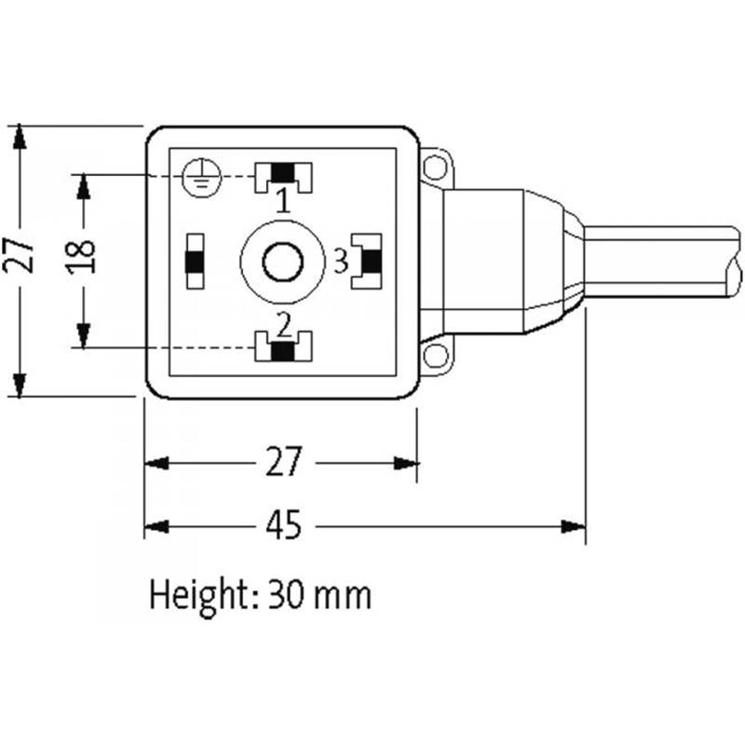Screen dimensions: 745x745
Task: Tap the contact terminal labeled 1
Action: pos(285,173)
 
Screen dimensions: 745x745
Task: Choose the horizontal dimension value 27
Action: pos(284,462)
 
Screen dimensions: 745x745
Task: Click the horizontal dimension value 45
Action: pos(284,526)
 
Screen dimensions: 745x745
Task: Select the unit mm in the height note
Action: pos(345,595)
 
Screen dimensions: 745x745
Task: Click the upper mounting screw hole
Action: pos(434,169)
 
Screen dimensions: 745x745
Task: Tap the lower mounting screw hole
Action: pos(434,356)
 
